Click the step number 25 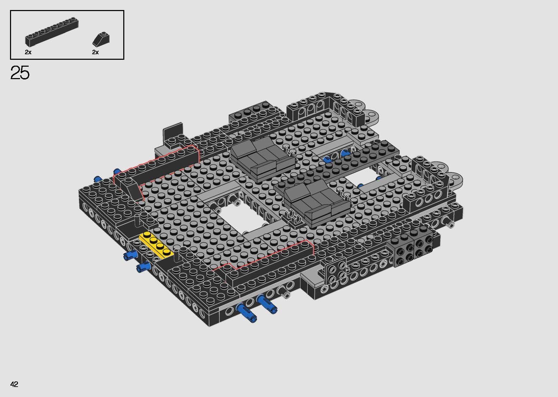20,73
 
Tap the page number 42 14,384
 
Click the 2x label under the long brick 28,52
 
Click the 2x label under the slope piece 95,52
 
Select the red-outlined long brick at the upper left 162,166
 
